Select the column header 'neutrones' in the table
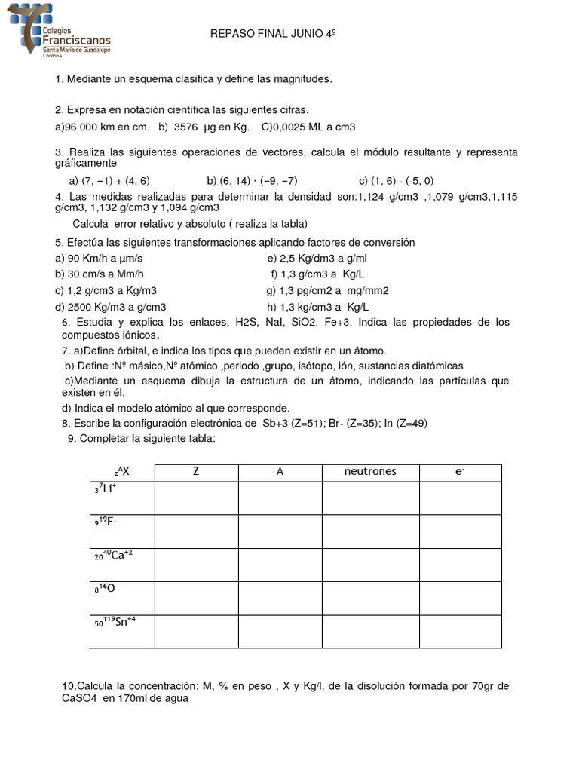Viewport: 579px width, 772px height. (370, 472)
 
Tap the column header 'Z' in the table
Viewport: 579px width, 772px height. (197, 472)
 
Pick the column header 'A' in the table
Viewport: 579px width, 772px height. (280, 472)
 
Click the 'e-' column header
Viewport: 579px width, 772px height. (459, 472)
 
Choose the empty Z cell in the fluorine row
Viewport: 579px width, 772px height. (197, 531)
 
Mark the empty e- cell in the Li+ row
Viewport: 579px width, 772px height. (459, 498)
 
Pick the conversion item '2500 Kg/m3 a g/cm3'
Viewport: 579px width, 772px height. (111, 307)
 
